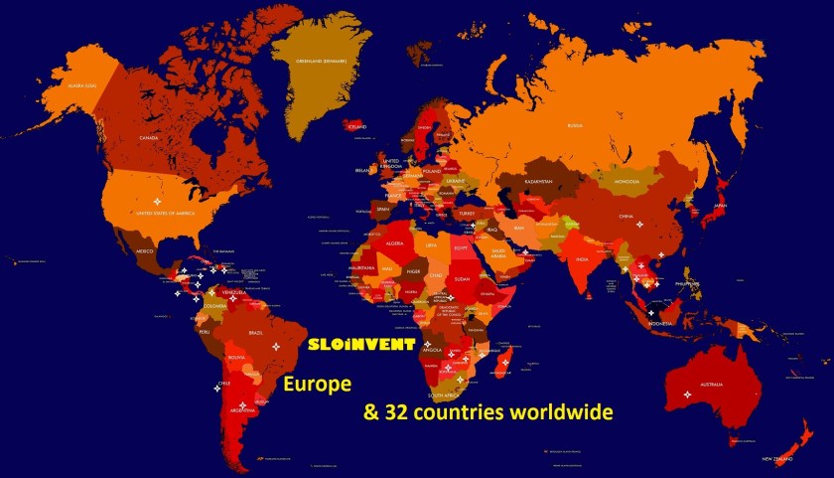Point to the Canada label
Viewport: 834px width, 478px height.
pos(149,137)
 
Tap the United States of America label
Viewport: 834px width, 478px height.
pos(165,213)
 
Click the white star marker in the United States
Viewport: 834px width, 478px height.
pos(157,202)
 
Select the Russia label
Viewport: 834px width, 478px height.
pos(575,125)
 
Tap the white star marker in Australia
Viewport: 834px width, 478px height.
pos(687,395)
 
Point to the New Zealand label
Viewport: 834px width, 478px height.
pos(777,459)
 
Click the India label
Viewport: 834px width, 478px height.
pos(583,260)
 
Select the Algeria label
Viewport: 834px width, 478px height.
pos(395,241)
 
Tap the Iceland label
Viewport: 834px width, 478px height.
pos(356,127)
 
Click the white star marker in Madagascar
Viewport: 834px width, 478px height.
pos(504,363)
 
